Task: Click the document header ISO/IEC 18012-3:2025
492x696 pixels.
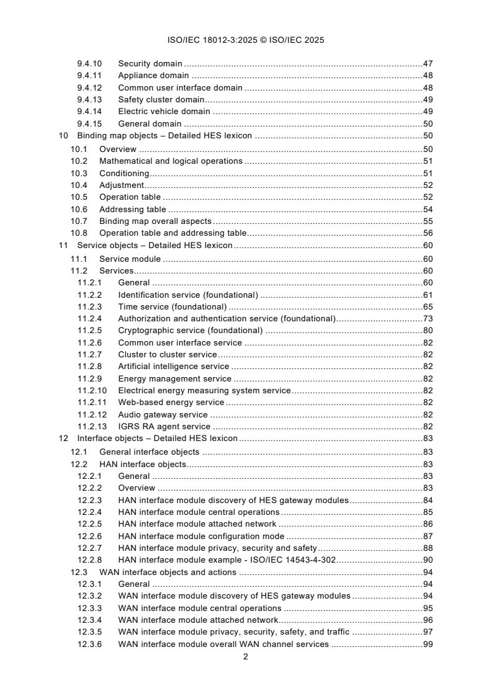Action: click(246, 40)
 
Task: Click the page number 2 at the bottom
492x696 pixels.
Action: click(246, 657)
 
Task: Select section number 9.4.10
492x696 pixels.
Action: click(90, 63)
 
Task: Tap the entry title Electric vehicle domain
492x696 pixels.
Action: click(164, 112)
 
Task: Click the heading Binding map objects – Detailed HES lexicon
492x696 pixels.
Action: click(164, 136)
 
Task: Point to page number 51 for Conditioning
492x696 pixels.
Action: click(427, 173)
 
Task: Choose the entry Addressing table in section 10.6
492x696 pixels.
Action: click(133, 210)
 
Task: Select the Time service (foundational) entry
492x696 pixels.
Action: click(172, 306)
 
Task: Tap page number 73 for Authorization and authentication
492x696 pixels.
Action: click(427, 318)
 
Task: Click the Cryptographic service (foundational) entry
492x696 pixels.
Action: click(190, 330)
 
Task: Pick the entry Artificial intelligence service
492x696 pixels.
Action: click(173, 367)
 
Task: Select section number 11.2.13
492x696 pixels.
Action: click(92, 427)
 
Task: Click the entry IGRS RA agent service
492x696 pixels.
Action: click(164, 427)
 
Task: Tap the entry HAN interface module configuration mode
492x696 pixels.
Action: click(201, 535)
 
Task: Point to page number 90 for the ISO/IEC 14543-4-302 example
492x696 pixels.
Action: click(427, 560)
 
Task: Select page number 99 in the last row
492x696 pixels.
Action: click(427, 644)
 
